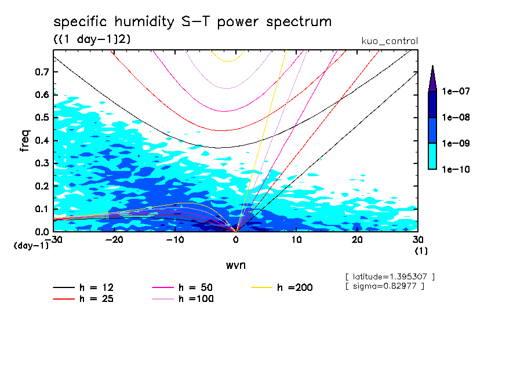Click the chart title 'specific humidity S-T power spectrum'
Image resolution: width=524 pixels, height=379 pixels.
(x=192, y=23)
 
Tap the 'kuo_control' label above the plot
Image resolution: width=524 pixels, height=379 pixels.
(x=389, y=41)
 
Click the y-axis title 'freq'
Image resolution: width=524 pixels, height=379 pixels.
(x=25, y=141)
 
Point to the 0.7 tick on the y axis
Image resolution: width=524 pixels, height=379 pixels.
(x=41, y=72)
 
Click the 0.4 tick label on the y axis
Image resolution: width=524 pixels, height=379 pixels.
(x=41, y=141)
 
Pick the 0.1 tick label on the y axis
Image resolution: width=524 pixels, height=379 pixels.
(x=41, y=209)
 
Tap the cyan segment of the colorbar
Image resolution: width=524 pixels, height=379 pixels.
(x=432, y=156)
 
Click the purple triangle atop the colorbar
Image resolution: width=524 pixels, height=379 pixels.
(x=432, y=79)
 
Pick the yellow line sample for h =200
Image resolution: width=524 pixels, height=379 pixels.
(x=262, y=287)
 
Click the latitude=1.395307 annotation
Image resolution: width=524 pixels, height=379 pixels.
(x=389, y=276)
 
